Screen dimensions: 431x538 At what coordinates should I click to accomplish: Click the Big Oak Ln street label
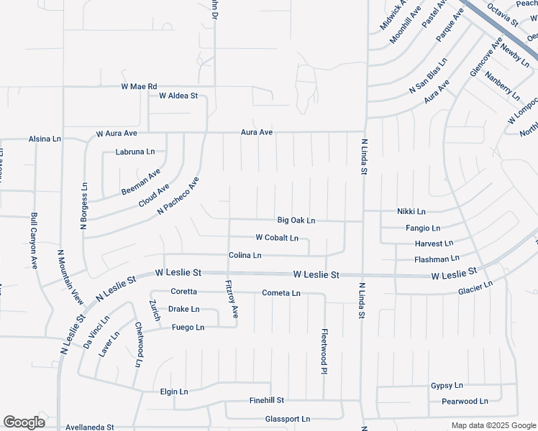coord(296,221)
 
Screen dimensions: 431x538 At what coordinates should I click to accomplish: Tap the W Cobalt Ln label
coord(277,238)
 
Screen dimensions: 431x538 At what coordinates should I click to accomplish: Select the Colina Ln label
coord(245,256)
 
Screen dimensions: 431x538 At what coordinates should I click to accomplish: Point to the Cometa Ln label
coord(281,293)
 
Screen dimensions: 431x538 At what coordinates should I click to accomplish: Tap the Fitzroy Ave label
coord(232,298)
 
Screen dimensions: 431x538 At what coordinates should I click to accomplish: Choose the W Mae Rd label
coord(139,87)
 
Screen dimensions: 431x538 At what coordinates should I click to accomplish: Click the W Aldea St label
coord(178,96)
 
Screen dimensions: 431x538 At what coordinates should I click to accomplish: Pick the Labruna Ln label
coord(135,152)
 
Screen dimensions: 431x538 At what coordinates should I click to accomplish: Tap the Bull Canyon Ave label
coord(34,240)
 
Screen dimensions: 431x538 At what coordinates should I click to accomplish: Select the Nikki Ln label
coord(411,212)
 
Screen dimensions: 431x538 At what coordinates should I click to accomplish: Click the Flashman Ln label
coord(437,259)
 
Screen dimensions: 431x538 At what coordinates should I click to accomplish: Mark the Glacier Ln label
coord(475,288)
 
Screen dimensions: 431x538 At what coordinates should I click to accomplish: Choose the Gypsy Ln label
coord(446,386)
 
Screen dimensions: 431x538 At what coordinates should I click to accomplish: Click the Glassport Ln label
coord(287,419)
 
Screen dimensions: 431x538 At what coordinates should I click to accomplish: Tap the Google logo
coord(24,422)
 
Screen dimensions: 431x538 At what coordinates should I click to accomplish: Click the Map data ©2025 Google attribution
coord(493,425)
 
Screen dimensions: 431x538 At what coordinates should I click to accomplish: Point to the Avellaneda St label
coord(90,427)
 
